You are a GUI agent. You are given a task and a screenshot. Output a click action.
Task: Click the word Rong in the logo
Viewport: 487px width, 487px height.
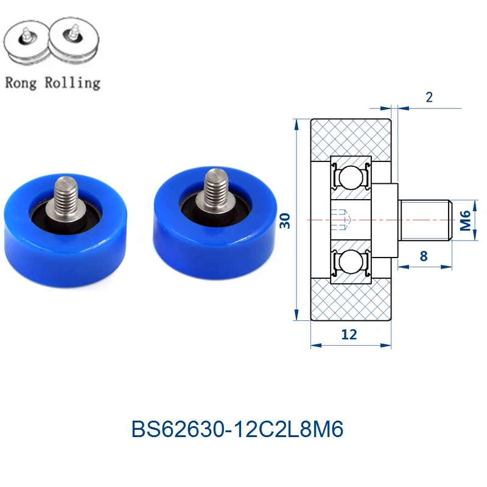coord(21,83)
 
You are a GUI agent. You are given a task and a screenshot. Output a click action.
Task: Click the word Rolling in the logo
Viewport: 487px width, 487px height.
coord(72,83)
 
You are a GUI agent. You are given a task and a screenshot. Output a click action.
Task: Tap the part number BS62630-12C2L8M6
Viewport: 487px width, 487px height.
coord(237,429)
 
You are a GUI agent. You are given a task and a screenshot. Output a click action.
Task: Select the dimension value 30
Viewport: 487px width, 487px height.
coord(285,220)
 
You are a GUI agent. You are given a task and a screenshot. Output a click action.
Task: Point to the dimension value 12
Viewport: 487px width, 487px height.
coord(349,334)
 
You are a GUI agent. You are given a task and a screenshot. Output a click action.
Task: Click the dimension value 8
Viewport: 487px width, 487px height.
coord(424,256)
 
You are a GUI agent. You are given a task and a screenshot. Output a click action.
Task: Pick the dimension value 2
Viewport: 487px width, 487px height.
coord(429,97)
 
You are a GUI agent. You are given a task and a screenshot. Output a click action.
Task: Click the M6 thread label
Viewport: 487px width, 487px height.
coord(465,220)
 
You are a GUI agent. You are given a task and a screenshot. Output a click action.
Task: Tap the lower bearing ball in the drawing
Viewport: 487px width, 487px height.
coord(351,261)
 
